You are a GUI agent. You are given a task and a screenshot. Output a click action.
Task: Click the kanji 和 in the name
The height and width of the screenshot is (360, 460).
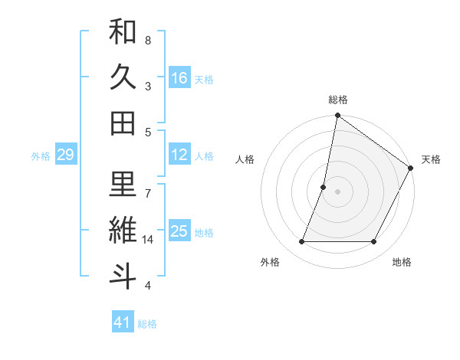click(123, 33)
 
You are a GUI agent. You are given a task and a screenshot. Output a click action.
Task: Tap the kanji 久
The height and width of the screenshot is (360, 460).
click(123, 78)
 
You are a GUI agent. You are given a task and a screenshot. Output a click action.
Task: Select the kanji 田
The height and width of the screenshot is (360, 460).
click(123, 123)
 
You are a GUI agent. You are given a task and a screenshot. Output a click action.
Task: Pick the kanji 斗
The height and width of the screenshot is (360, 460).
click(123, 277)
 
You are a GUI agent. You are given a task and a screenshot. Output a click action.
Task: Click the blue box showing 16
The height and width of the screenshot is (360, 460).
click(179, 78)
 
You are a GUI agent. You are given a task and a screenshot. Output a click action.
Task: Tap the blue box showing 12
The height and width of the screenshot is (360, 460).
click(179, 155)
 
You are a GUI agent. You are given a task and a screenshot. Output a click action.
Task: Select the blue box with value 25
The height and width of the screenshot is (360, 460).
click(179, 231)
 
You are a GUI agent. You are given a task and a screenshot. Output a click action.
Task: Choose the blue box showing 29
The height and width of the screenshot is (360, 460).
click(65, 155)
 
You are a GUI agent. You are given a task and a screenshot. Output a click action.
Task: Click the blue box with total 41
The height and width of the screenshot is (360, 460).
click(123, 322)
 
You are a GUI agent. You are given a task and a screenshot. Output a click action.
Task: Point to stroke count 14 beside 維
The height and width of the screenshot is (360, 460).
click(148, 241)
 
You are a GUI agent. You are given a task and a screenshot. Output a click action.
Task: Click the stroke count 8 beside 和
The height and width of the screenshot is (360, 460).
click(148, 40)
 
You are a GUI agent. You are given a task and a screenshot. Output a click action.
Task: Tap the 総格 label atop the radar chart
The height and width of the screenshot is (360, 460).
click(338, 100)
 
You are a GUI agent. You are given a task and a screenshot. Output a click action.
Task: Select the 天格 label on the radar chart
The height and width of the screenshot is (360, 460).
click(431, 159)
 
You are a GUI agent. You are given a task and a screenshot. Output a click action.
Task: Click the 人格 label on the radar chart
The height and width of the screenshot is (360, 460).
click(245, 159)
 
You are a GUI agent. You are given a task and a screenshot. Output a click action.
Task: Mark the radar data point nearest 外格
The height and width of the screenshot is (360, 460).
click(301, 242)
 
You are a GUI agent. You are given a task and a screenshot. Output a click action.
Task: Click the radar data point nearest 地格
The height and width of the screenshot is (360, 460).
click(374, 242)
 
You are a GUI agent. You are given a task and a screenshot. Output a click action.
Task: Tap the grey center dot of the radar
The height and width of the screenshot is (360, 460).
click(338, 191)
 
